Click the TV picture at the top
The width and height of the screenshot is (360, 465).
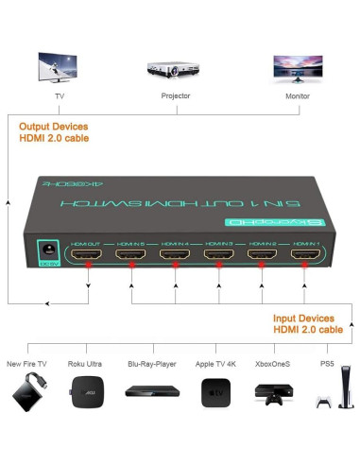click(x=59, y=68)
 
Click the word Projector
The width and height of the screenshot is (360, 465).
click(x=177, y=96)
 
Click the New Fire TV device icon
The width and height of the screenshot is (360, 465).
click(x=27, y=393)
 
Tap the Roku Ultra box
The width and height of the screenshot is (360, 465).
click(x=84, y=394)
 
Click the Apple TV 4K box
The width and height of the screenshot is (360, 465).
click(x=214, y=393)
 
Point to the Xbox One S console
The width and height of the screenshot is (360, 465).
click(x=273, y=394)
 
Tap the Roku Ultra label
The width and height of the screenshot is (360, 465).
click(x=86, y=363)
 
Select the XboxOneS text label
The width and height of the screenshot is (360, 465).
click(x=273, y=363)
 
